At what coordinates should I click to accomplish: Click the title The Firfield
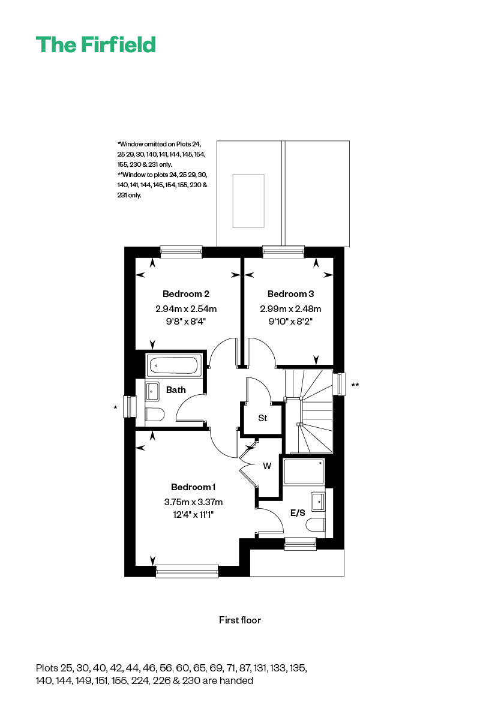(x=96, y=44)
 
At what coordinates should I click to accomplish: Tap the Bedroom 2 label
(x=186, y=294)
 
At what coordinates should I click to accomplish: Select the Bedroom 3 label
(x=290, y=294)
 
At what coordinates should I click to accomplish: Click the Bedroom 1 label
(x=193, y=487)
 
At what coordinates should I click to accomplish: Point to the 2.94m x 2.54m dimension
(x=186, y=309)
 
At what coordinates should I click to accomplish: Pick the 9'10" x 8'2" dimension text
(x=290, y=322)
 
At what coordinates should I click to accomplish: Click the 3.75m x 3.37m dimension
(x=193, y=502)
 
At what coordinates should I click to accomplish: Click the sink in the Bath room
(x=152, y=391)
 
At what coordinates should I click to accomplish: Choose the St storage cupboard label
(x=262, y=418)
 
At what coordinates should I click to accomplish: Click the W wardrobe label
(x=268, y=466)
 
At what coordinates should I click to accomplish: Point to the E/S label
(x=298, y=514)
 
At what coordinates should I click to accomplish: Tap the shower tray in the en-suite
(x=304, y=472)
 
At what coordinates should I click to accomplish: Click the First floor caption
(x=240, y=620)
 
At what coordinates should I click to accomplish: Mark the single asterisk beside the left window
(x=115, y=408)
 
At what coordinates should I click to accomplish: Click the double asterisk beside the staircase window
(x=355, y=385)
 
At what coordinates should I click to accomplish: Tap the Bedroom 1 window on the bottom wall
(x=187, y=571)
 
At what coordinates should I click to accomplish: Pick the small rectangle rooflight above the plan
(x=248, y=200)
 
